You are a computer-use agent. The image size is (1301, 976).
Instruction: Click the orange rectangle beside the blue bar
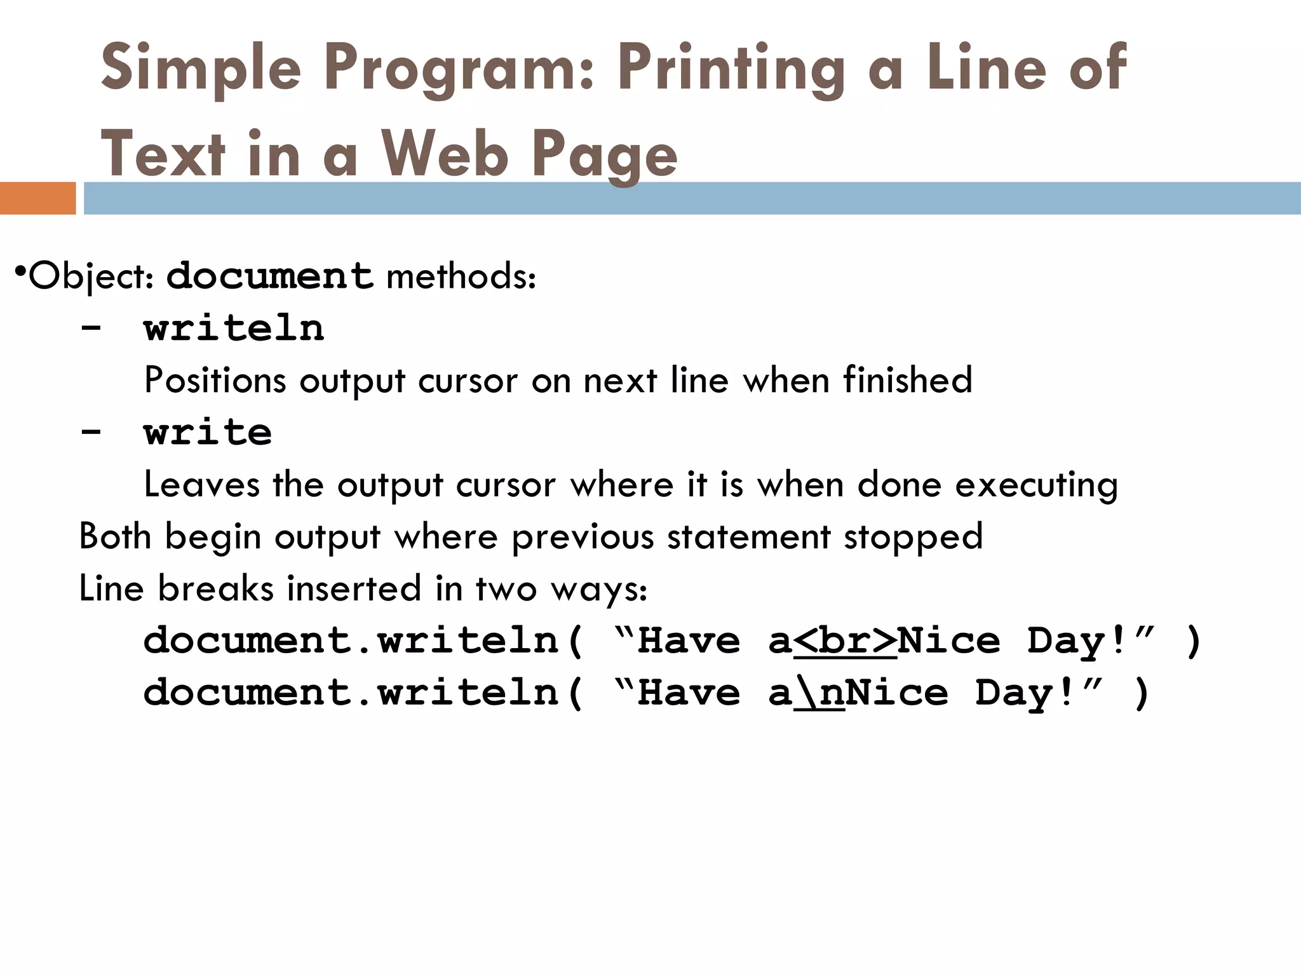(x=37, y=198)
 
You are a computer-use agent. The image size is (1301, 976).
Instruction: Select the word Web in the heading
(x=444, y=154)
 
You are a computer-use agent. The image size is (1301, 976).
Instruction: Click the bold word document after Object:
(x=269, y=276)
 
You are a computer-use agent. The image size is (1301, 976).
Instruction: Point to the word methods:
(x=461, y=276)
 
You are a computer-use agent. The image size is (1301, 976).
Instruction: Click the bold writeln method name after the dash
(x=234, y=329)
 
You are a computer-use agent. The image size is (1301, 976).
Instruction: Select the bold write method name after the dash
(x=208, y=433)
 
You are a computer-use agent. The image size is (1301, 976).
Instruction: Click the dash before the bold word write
(x=91, y=433)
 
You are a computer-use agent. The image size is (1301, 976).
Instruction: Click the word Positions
(x=215, y=381)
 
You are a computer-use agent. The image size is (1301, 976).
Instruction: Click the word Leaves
(x=201, y=485)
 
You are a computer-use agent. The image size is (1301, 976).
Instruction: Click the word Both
(x=115, y=537)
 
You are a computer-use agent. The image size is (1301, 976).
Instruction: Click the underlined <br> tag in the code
(x=845, y=641)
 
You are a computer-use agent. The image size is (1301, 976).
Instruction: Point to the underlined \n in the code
(x=819, y=693)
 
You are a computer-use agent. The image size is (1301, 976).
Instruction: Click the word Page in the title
(x=604, y=154)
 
